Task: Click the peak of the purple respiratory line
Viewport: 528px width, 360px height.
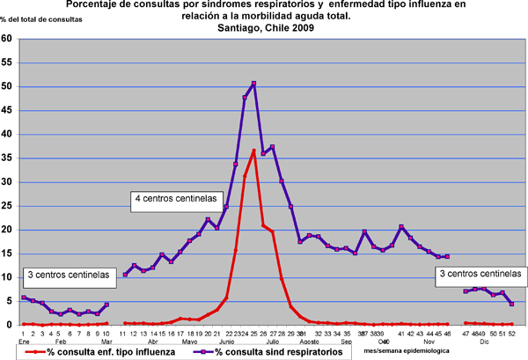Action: tap(253, 84)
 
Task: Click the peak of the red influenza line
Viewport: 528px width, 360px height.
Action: tap(253, 151)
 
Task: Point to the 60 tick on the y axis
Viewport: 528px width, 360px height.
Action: tap(7, 39)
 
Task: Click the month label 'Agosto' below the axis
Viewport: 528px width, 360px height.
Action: tap(309, 341)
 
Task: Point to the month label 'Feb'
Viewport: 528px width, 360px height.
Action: tap(61, 341)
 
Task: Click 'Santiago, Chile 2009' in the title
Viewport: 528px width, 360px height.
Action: tap(264, 28)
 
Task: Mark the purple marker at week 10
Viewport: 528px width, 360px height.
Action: tap(106, 305)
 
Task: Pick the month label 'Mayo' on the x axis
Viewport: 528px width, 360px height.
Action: tap(190, 341)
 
